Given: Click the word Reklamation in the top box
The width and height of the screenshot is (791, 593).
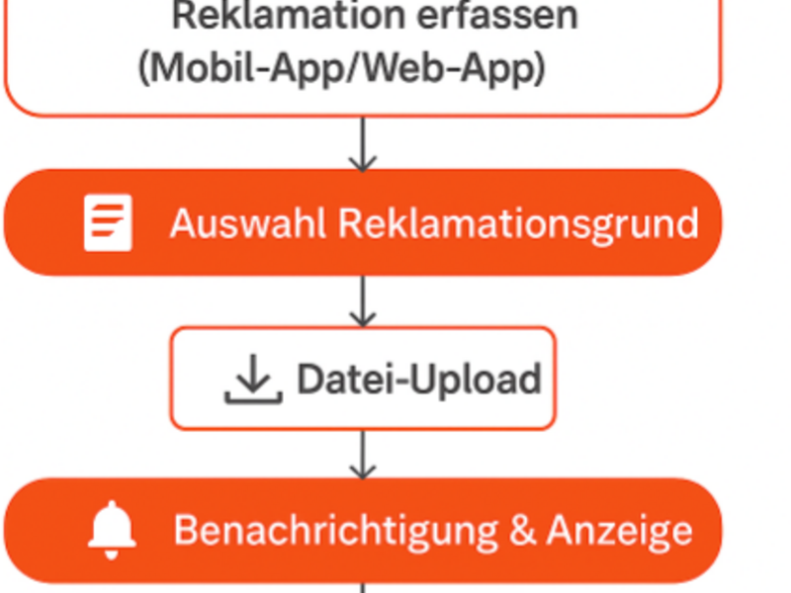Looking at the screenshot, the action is (x=289, y=15).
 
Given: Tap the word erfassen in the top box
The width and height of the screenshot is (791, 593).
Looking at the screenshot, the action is (x=498, y=15).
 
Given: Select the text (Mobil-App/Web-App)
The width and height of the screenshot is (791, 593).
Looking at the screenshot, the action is (x=342, y=68).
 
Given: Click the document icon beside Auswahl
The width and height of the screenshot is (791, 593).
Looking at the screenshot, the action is (x=108, y=222).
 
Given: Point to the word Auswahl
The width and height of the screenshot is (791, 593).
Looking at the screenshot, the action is (x=248, y=223).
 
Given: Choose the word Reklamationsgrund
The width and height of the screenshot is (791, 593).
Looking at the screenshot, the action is (x=518, y=225).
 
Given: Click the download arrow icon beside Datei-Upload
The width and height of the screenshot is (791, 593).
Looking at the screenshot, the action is (x=253, y=379).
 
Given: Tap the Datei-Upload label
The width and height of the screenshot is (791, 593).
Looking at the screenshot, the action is (x=419, y=381).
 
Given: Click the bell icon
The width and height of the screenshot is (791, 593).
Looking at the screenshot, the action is (x=112, y=531).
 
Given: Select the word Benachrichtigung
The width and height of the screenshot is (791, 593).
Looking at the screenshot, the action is (x=336, y=533).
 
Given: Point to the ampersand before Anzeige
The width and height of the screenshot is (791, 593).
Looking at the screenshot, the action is (x=522, y=530).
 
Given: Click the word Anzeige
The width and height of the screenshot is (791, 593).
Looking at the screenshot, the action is (x=620, y=533).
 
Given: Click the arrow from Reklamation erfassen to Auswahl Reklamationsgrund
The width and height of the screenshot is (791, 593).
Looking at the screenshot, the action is (x=363, y=144).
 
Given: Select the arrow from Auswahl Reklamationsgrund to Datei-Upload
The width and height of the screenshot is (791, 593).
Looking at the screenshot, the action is (x=363, y=301).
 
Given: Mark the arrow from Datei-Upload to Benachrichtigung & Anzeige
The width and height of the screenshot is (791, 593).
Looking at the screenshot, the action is (x=363, y=455).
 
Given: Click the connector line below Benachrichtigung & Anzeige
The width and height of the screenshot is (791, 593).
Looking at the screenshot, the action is (x=363, y=588).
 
